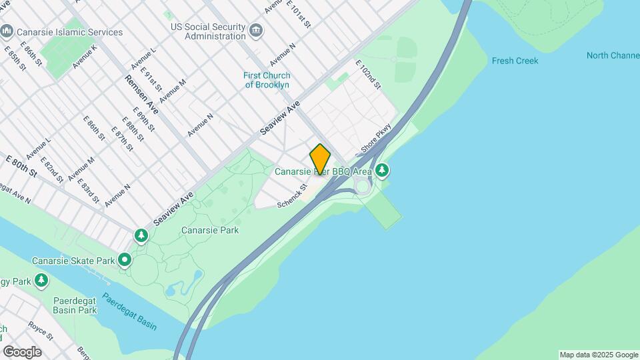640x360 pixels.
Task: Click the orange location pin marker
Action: pos(320,159)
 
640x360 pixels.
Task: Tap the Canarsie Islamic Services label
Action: pos(71,32)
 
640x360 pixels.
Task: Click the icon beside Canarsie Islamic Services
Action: pos(7,31)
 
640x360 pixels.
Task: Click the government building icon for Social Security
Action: pos(255,31)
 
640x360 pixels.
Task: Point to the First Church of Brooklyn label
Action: pos(267,80)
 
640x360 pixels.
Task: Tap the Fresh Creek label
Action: pos(515,61)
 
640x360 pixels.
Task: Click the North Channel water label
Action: pos(613,55)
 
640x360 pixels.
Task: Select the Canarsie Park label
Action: pos(210,230)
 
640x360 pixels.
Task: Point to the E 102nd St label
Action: pos(367,74)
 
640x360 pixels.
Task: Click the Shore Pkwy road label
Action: pos(375,138)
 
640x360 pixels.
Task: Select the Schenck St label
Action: pos(294,195)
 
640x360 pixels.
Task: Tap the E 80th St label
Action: pos(21,165)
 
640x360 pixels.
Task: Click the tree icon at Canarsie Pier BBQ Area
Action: pos(382,171)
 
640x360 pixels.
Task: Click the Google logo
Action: pos(22,352)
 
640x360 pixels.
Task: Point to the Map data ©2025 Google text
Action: pos(598,355)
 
